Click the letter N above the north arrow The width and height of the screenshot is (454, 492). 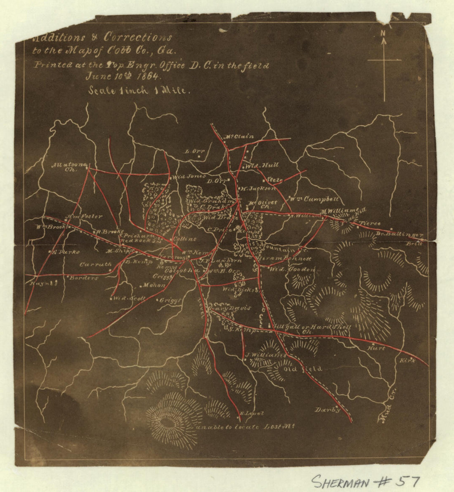383,33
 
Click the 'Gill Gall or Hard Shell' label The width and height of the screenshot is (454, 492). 312,327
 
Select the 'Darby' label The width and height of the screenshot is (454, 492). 328,410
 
